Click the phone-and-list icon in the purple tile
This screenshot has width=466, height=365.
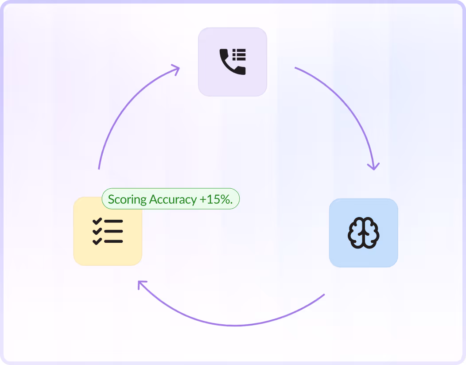(233, 62)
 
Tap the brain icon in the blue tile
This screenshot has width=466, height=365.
(363, 233)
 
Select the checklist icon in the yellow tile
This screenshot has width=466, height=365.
(108, 231)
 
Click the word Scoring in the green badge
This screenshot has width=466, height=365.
(127, 199)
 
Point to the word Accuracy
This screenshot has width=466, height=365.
(173, 199)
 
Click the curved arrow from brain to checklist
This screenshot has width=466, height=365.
(235, 325)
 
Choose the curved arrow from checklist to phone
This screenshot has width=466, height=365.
(120, 111)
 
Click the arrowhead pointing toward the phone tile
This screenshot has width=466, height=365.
(175, 70)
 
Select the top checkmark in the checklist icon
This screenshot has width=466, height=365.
(97, 221)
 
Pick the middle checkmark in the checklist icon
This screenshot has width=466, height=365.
(97, 231)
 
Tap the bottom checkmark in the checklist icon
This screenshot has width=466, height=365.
(97, 241)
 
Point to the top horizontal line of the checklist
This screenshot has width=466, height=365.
(114, 221)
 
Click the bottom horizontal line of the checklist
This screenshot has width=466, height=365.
(114, 241)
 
